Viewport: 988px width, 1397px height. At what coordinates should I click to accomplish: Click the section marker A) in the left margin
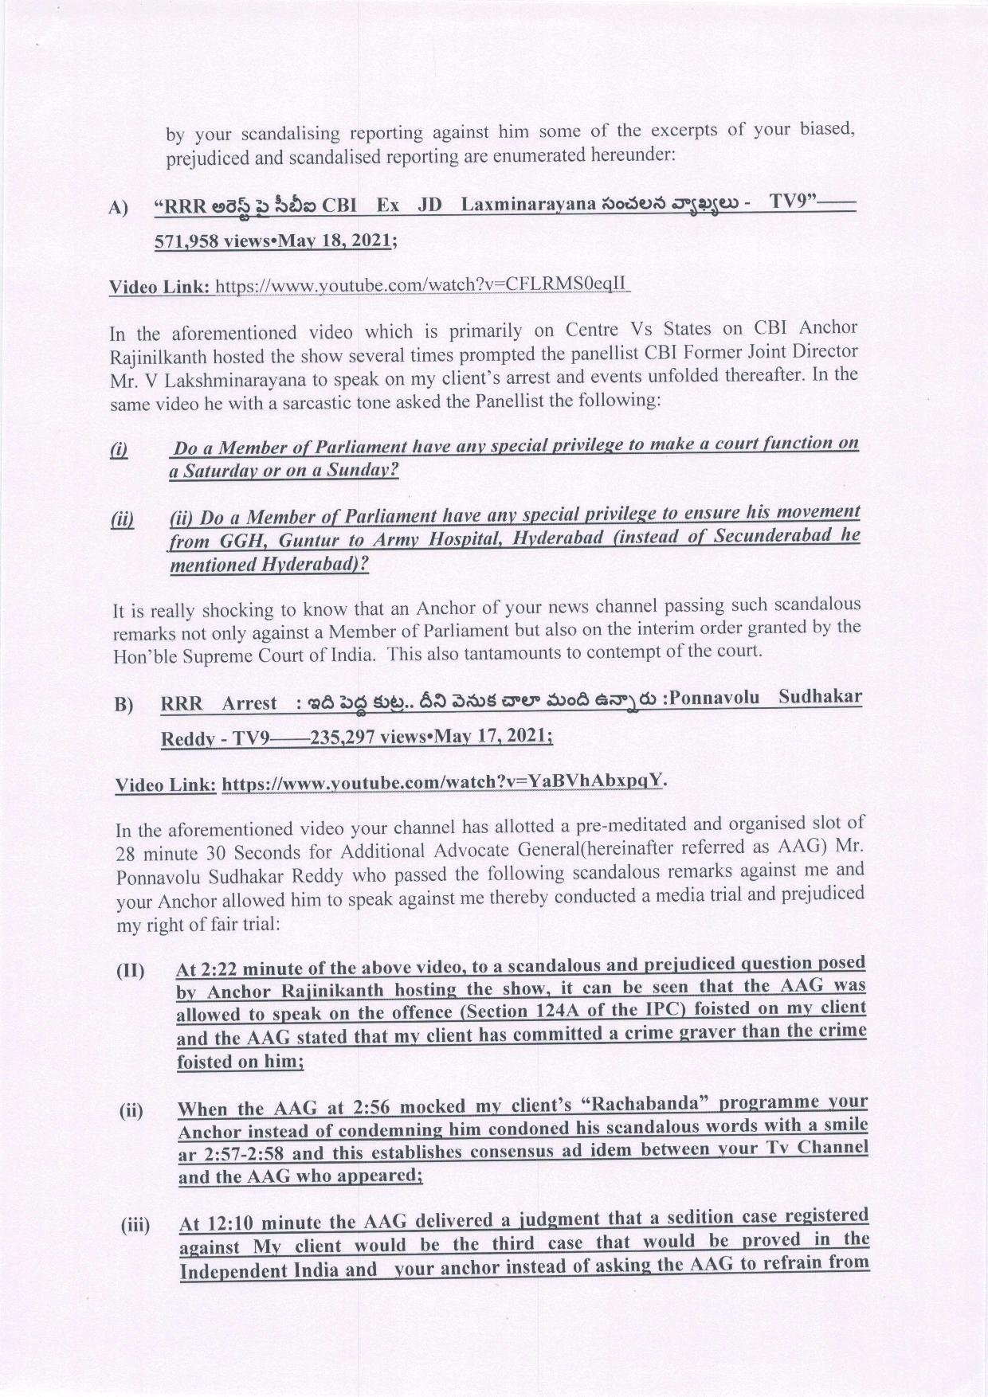tap(117, 208)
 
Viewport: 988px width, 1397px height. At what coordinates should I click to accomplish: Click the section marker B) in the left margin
tap(123, 705)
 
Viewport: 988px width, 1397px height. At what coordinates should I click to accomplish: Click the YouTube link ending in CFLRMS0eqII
tap(423, 284)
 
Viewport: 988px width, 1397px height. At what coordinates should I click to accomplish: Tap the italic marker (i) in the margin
tap(119, 450)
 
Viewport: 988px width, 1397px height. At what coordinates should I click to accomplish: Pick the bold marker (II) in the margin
tap(131, 971)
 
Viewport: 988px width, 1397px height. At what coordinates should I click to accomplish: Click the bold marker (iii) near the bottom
tap(135, 1226)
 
